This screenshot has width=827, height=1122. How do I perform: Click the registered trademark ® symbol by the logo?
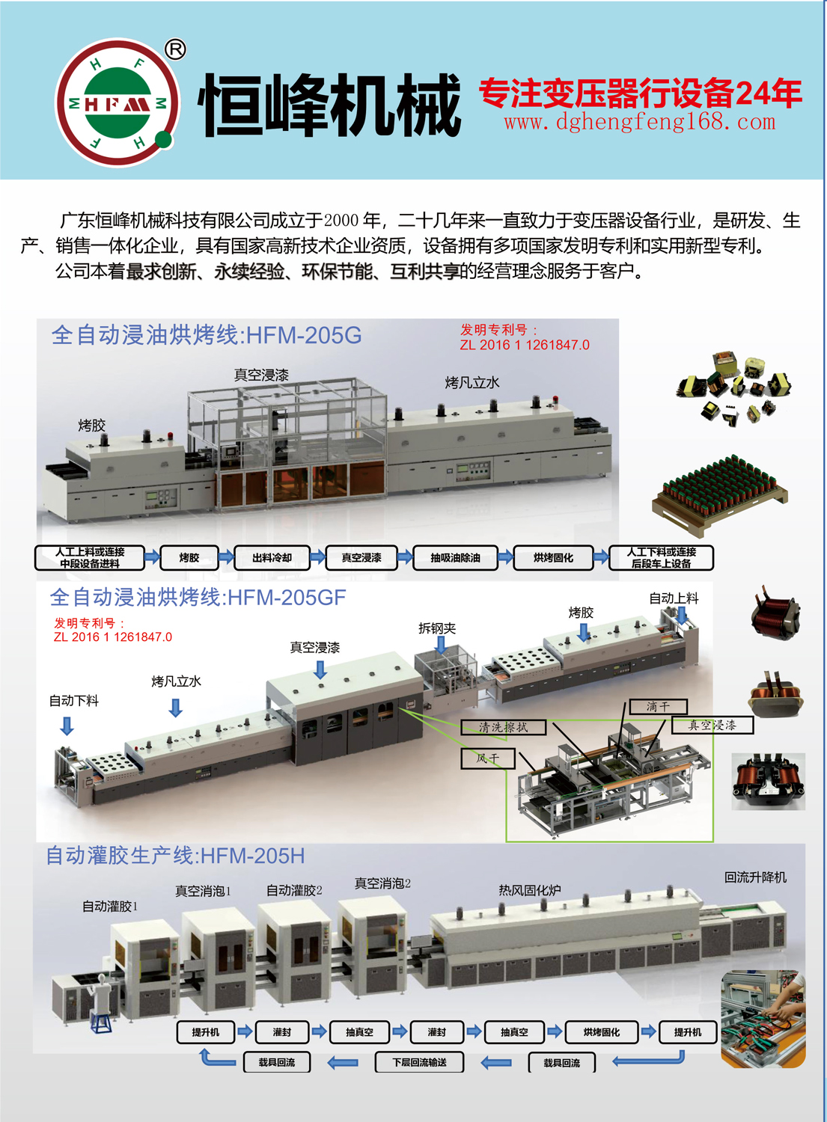click(x=175, y=49)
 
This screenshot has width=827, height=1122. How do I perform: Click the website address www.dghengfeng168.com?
click(x=640, y=122)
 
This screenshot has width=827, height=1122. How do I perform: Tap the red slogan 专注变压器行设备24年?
click(x=640, y=93)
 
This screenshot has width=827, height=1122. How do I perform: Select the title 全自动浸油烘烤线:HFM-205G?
click(x=206, y=334)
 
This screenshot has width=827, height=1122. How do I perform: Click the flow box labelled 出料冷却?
click(x=272, y=557)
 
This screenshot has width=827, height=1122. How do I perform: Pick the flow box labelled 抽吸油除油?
click(x=455, y=557)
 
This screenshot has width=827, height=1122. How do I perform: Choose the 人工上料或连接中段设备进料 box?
click(x=90, y=557)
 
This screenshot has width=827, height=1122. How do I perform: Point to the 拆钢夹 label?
click(x=437, y=628)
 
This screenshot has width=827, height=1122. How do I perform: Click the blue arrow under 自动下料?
click(x=67, y=726)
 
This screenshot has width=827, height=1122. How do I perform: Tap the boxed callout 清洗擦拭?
click(x=503, y=727)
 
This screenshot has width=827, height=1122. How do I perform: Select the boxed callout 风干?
click(x=488, y=758)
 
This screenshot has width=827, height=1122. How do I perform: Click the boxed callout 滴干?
click(x=658, y=706)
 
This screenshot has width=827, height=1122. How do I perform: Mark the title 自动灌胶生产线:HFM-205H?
click(x=175, y=856)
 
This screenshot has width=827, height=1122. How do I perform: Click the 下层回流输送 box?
click(x=420, y=1062)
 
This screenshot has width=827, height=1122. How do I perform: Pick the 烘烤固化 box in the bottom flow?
click(x=602, y=1031)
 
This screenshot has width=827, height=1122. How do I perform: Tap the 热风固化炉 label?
click(x=529, y=890)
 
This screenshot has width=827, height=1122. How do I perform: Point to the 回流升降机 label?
click(x=755, y=877)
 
